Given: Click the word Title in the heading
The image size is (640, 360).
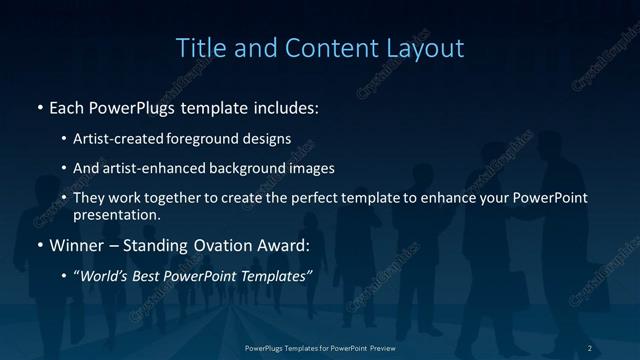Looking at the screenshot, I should (x=198, y=47).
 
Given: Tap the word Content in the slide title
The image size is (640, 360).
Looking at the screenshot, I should (x=323, y=47).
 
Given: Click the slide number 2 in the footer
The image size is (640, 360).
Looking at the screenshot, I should (x=590, y=347).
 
